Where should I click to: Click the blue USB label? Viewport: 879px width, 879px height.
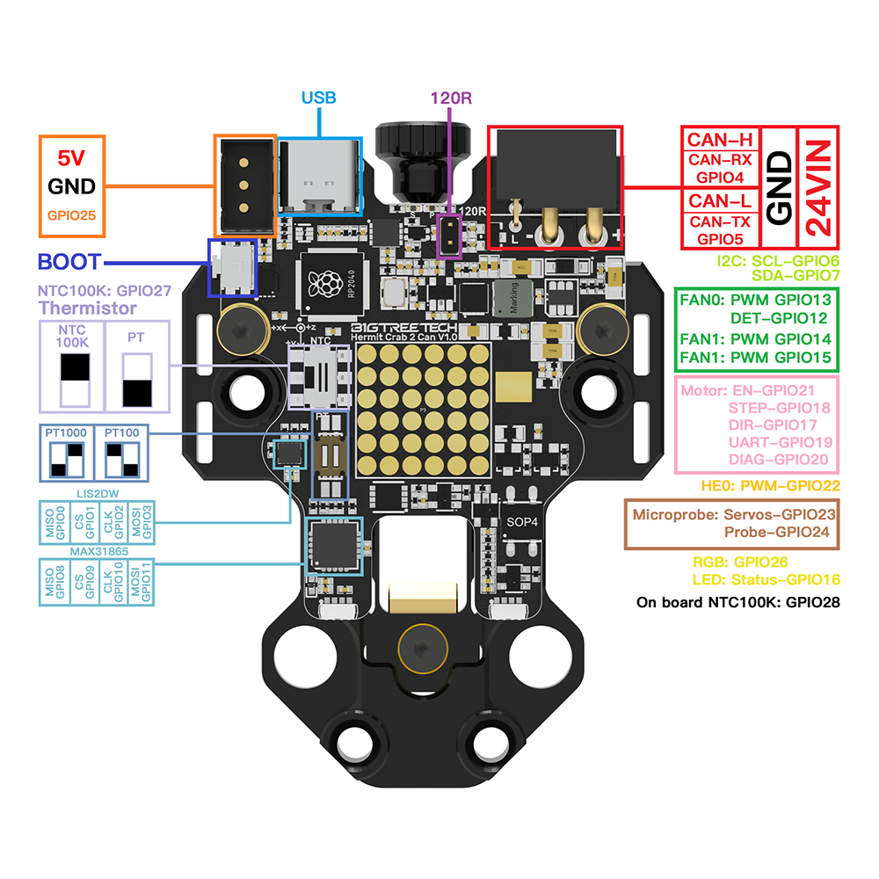[319, 98]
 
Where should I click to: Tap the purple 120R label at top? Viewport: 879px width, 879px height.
[452, 98]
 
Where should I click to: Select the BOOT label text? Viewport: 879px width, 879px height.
[69, 262]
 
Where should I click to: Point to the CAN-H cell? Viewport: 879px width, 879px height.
[721, 138]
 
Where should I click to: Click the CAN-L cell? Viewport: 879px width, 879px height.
[721, 200]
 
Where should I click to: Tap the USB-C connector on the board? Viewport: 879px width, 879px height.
[319, 178]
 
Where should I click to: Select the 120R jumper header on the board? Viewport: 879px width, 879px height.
[451, 235]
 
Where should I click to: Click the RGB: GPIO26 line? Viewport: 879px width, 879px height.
[741, 562]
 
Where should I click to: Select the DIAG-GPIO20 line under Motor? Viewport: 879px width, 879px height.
[779, 459]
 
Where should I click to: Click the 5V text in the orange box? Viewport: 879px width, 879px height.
[72, 158]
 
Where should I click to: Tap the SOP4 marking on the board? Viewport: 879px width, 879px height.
[521, 521]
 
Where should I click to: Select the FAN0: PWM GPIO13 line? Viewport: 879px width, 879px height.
[756, 299]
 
